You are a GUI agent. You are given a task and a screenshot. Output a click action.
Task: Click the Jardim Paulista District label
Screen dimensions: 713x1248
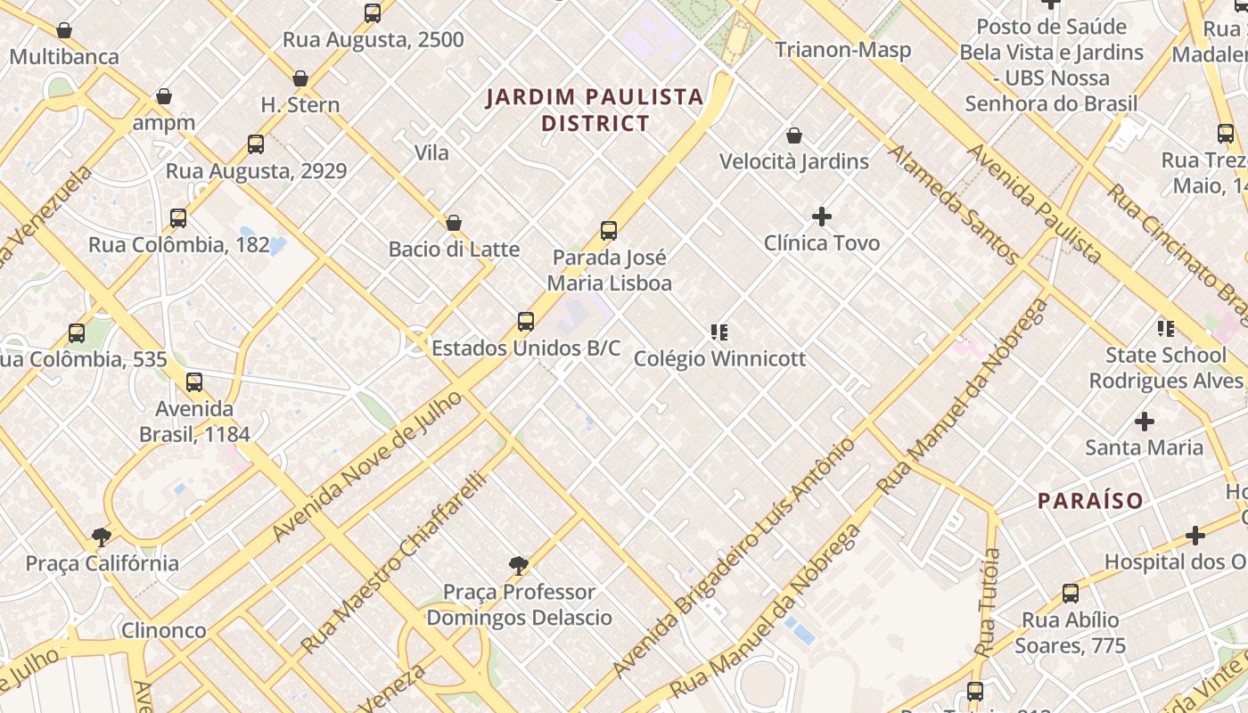click(x=595, y=110)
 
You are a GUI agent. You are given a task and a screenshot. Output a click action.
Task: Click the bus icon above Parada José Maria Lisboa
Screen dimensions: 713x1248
click(x=609, y=231)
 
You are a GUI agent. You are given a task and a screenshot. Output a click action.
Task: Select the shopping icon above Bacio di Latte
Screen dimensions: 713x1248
click(x=453, y=223)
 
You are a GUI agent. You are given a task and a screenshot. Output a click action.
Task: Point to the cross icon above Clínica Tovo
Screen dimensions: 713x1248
click(x=822, y=217)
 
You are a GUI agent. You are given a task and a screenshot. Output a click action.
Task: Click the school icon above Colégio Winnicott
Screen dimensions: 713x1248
click(x=719, y=332)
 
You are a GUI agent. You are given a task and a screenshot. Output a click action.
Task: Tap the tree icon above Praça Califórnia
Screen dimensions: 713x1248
click(x=102, y=537)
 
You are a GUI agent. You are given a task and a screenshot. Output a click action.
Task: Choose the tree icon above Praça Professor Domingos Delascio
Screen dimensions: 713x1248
click(x=518, y=565)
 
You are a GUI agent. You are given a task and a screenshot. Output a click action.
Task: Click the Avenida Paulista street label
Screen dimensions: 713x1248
click(x=1035, y=203)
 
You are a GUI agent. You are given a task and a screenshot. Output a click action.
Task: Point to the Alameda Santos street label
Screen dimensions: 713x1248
click(x=953, y=205)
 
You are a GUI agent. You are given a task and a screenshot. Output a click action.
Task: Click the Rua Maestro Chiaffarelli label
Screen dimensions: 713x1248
click(x=394, y=563)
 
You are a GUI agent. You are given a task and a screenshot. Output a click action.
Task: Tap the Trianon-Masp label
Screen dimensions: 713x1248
click(x=842, y=50)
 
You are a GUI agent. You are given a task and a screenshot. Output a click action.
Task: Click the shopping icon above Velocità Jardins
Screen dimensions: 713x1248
click(x=793, y=135)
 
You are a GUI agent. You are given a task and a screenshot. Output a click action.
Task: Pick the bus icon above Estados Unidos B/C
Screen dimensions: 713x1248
click(x=526, y=322)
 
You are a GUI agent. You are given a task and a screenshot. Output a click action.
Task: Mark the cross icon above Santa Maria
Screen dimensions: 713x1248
click(x=1144, y=421)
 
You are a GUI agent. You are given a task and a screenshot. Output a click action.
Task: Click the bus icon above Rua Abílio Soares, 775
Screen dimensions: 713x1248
click(x=1070, y=594)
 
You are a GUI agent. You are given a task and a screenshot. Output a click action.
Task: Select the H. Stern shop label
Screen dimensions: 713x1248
click(x=300, y=105)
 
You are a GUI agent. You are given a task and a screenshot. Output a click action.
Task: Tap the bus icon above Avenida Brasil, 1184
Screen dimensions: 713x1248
click(x=194, y=383)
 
